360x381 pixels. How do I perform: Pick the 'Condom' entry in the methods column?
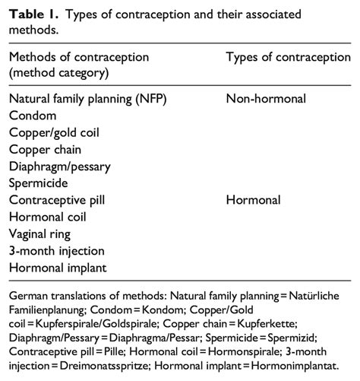[x=32, y=116]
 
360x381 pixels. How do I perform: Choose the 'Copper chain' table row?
[x=46, y=149]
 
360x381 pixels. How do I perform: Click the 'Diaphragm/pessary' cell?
[x=60, y=166]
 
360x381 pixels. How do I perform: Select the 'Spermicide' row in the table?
[x=39, y=183]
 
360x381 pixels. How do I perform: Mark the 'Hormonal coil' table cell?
[x=47, y=217]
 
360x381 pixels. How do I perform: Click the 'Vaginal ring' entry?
[x=43, y=233]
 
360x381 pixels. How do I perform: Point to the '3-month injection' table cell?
[x=56, y=250]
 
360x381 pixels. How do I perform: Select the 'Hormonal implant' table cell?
[x=56, y=267]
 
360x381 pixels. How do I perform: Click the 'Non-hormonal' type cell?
[x=265, y=99]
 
